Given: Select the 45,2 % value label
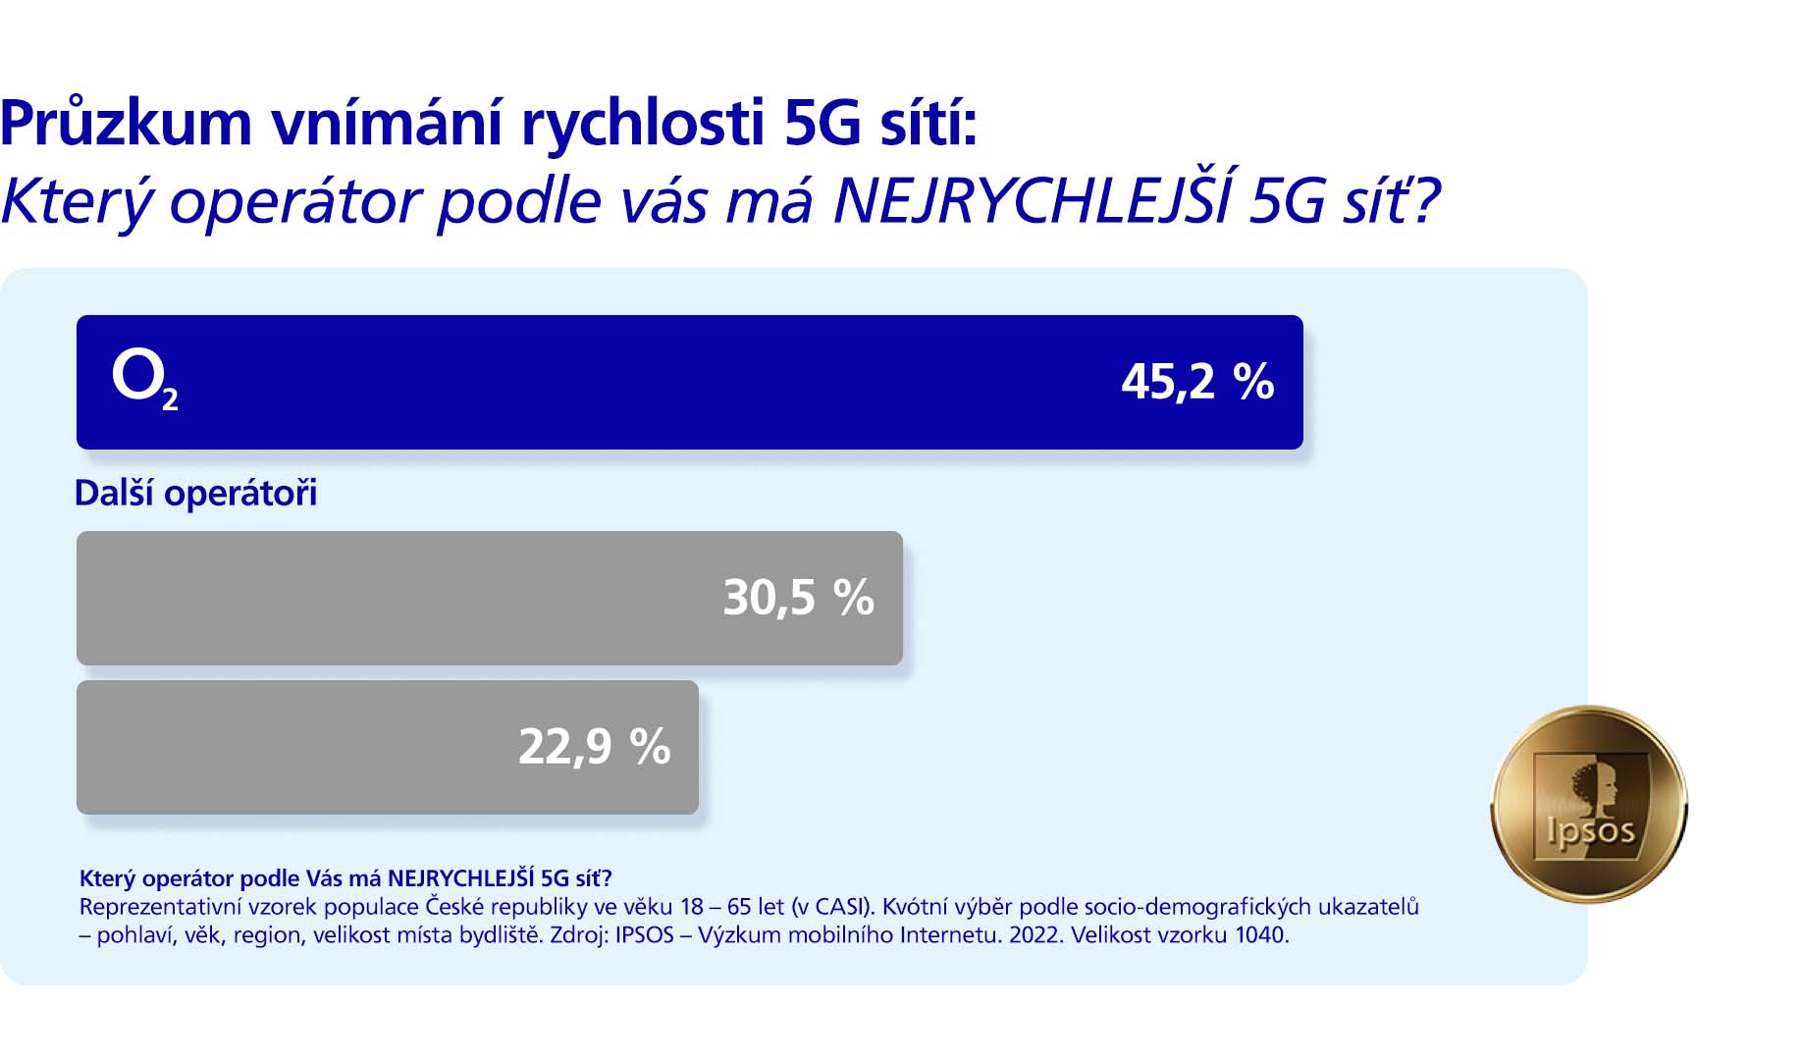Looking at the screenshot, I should (1196, 381).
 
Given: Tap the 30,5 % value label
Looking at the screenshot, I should (798, 597).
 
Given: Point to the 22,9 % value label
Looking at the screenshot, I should (594, 746).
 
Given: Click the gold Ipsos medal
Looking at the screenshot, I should (1588, 804).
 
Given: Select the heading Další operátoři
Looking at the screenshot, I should (195, 493).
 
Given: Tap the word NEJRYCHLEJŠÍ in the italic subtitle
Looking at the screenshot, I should (1031, 200).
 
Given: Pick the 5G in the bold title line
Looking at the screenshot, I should (822, 124).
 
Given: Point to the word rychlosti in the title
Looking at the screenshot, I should (642, 124).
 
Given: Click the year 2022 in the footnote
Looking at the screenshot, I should (1034, 934).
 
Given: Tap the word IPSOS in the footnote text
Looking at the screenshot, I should (644, 934).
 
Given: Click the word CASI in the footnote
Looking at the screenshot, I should (840, 906).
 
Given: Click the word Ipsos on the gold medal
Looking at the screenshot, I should (1590, 832).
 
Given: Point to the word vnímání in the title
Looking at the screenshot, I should (387, 124).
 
